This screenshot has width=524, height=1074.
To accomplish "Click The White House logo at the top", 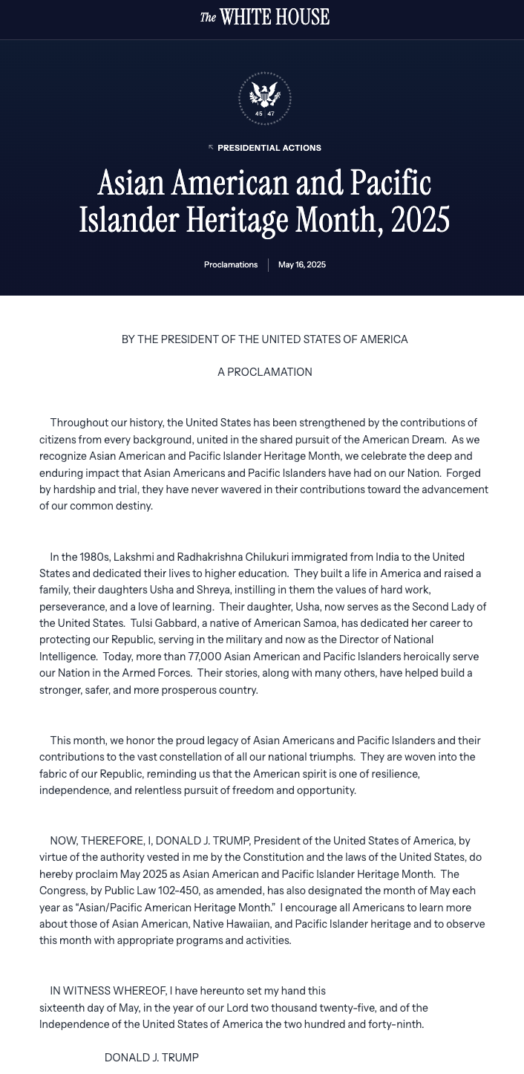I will point(265,17).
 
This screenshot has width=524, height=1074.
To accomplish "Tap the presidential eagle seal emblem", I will point(265,99).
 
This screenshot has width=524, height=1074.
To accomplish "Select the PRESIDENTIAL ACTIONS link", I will point(269,148).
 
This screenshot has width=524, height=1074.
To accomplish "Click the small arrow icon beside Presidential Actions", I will point(211,147).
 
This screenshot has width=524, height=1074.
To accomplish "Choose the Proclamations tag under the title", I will point(231,265).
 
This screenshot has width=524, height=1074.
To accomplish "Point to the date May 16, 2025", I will point(302,265).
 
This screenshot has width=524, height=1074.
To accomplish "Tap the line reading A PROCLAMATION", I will point(265,372).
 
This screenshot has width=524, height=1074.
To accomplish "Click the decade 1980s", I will point(86,557).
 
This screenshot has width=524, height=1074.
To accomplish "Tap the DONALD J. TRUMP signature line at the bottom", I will point(151,1058).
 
